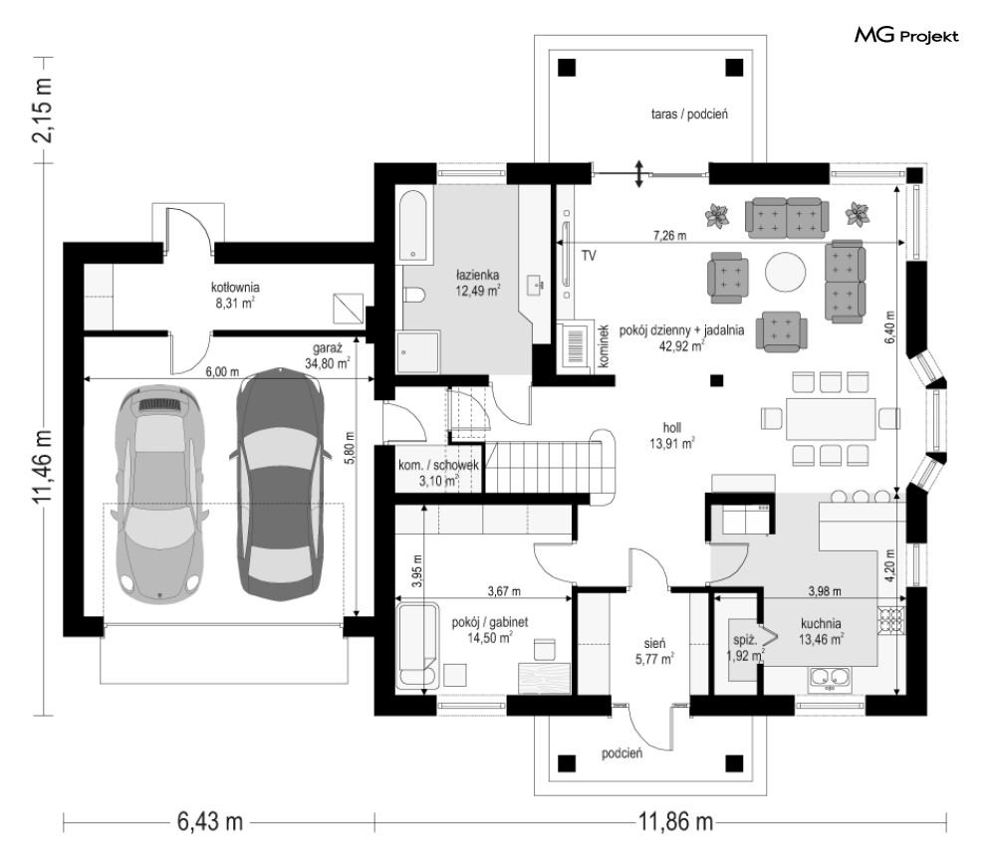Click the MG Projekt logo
pos(906,36)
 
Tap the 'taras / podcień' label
pos(689,114)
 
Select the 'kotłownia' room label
pos(235,288)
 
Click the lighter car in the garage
pos(160,492)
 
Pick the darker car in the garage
pos(280,484)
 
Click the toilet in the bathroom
pos(414,295)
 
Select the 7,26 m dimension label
pos(669,236)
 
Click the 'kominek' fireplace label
pos(604,345)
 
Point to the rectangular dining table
pos(831,418)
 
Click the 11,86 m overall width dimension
pos(675,822)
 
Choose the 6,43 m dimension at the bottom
pos(210,822)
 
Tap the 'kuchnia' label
pos(821,623)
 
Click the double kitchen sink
pos(830,679)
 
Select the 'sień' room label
pos(654,644)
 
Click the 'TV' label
pos(589,256)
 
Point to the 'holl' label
pos(672,428)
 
